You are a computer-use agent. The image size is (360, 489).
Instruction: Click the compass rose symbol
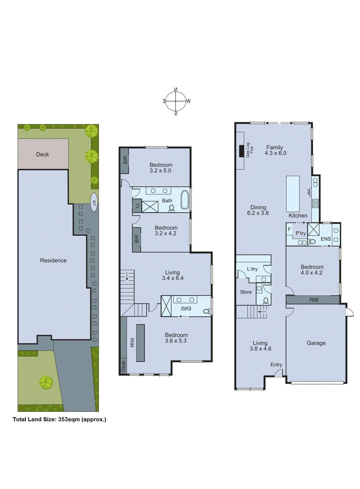click(176, 101)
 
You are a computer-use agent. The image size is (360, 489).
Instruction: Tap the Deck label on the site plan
click(42, 154)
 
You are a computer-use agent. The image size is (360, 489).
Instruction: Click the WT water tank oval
click(94, 202)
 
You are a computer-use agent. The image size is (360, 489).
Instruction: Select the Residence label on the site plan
click(53, 260)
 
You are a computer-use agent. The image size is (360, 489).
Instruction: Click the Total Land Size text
click(59, 419)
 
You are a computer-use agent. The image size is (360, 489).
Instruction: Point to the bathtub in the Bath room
click(185, 200)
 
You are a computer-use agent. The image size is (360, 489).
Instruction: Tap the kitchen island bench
click(293, 194)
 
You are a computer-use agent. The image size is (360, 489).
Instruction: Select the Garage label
click(316, 343)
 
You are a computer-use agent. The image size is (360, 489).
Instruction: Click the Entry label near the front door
click(276, 365)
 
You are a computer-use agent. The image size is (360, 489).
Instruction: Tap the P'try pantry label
click(300, 233)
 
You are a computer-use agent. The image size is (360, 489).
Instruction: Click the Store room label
click(245, 292)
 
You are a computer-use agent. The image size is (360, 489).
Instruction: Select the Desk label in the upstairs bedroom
click(123, 366)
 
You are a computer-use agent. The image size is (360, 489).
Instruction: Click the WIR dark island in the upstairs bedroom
click(140, 343)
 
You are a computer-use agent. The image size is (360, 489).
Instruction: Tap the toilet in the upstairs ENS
click(206, 311)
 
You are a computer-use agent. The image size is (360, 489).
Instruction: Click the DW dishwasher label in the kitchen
click(309, 192)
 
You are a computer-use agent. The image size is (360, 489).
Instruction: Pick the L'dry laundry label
click(252, 269)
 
